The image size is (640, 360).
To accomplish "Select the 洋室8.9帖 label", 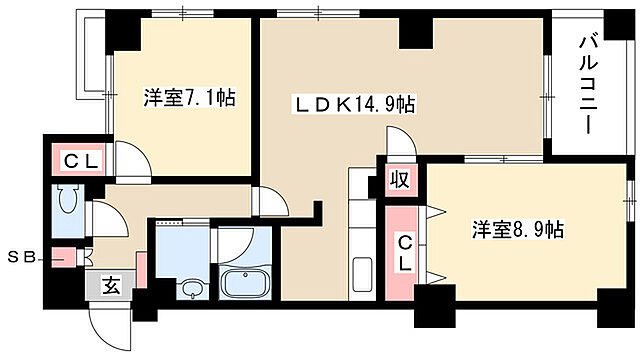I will tap(518, 229).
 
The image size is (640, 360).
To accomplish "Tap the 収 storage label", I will tap(397, 182).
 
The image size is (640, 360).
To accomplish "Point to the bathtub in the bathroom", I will tap(246, 282).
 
